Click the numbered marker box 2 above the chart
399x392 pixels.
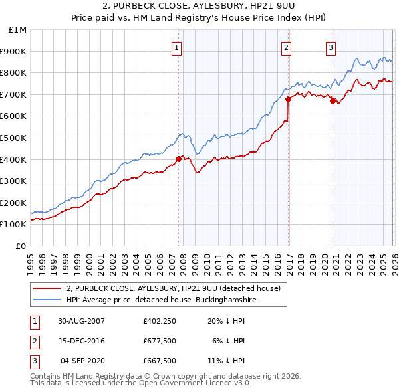pyautogui.click(x=286, y=47)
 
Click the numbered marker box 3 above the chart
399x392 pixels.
pyautogui.click(x=331, y=47)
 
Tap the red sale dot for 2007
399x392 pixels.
pyautogui.click(x=178, y=159)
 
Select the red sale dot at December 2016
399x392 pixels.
pyautogui.click(x=288, y=99)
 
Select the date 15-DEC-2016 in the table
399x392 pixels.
pyautogui.click(x=81, y=341)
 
